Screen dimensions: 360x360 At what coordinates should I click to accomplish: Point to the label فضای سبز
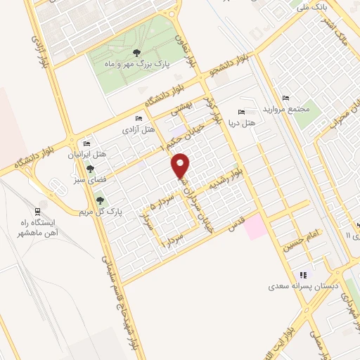[83, 179]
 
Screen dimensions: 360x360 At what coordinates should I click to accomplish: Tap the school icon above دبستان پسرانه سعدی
[303, 275]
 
